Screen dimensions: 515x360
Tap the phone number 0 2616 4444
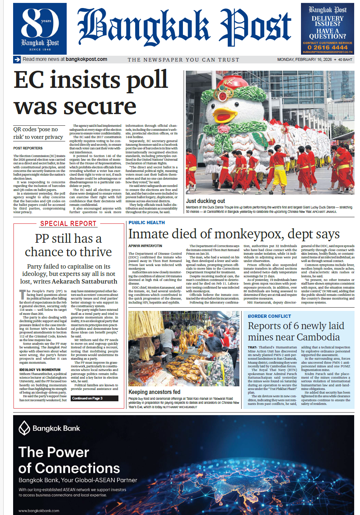coord(327,47)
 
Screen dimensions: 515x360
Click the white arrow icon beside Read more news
coord(17,59)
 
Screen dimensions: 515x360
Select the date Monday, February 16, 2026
coord(304,59)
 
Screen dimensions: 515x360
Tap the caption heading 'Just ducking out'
coord(206,201)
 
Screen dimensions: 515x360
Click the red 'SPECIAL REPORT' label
coord(68,224)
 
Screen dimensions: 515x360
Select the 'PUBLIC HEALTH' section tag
coord(146,222)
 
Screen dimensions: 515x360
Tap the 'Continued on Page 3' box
coord(94,398)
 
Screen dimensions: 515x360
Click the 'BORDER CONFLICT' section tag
coord(269,316)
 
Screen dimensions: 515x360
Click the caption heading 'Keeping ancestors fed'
coord(154,392)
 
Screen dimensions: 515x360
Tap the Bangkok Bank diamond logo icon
coord(24,428)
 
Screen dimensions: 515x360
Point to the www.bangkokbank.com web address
coord(39,511)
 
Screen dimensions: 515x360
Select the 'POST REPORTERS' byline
coord(28,148)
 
